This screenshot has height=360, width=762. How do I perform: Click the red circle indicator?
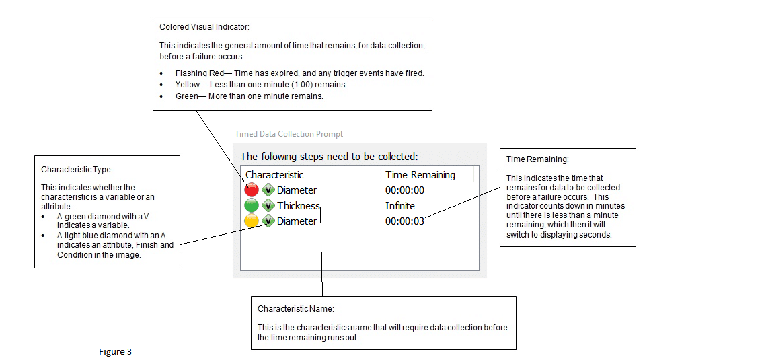click(x=252, y=190)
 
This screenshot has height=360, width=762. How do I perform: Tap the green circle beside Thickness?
click(x=252, y=206)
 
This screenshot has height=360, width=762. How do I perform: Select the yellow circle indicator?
click(x=252, y=221)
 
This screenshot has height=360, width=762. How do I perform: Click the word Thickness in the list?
click(x=299, y=206)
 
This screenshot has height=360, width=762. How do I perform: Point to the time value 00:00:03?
click(x=405, y=221)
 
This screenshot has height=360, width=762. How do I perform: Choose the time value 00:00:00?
click(x=405, y=190)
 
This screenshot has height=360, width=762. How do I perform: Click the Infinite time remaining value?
click(x=400, y=206)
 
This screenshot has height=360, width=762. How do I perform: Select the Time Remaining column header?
click(x=420, y=175)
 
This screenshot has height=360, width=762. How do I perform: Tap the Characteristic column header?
click(x=274, y=175)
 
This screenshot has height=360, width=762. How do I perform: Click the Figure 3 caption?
click(x=115, y=352)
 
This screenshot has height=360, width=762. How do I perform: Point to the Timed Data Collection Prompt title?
click(x=289, y=134)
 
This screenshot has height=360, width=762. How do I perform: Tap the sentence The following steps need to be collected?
click(x=329, y=157)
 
